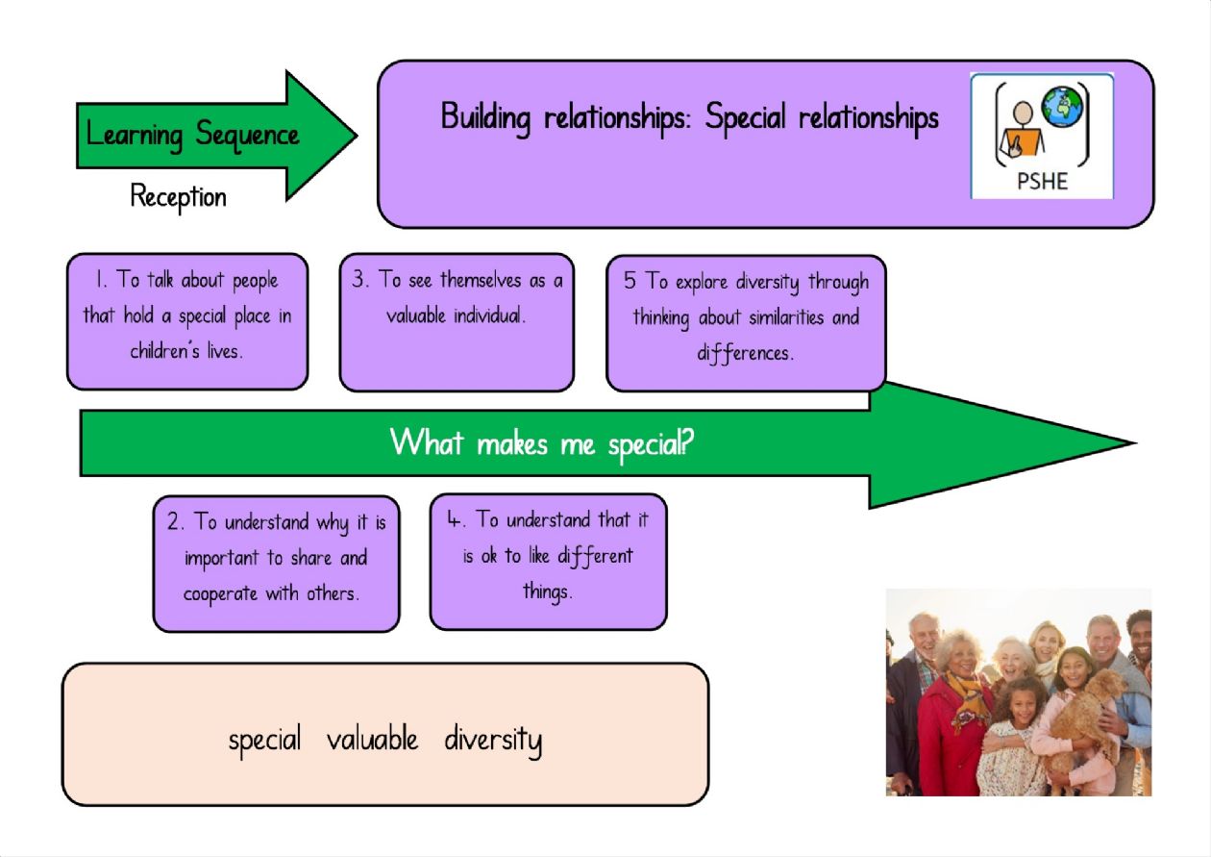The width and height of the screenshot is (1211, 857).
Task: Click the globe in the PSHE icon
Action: (1062, 107)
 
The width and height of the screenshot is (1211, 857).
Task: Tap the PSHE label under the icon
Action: (1042, 181)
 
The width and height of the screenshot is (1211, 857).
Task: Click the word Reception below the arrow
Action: (178, 197)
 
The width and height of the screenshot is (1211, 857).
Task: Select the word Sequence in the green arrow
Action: (247, 135)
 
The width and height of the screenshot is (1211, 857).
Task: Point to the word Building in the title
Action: (485, 118)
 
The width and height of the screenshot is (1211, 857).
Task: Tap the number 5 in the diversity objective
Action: (630, 280)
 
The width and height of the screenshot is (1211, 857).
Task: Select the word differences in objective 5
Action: (745, 354)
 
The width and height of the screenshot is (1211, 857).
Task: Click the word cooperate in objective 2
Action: (220, 594)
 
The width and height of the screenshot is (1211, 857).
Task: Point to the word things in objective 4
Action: (547, 591)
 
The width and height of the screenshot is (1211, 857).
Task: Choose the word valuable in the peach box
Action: (372, 739)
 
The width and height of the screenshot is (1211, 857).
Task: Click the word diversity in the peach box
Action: (492, 741)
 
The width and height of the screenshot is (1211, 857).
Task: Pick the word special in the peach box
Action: (264, 741)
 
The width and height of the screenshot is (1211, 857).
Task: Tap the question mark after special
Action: (686, 441)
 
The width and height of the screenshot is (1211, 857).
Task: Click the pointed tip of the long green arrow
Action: (1135, 443)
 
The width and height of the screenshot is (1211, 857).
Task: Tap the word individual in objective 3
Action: (489, 315)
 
